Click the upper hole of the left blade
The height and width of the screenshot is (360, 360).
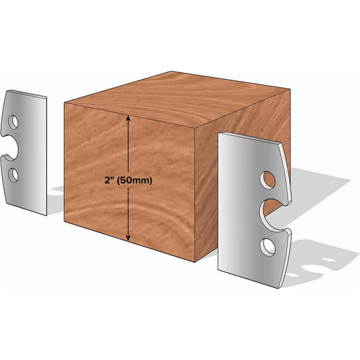13,122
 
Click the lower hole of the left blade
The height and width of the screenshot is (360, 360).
13,176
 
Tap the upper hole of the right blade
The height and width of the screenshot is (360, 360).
267,180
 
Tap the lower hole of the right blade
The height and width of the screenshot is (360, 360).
267,247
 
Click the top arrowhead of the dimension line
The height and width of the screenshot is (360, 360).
128,118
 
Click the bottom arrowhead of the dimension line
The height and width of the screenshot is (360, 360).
128,238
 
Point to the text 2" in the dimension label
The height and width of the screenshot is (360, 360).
109,180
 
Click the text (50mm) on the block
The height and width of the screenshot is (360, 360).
134,181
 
